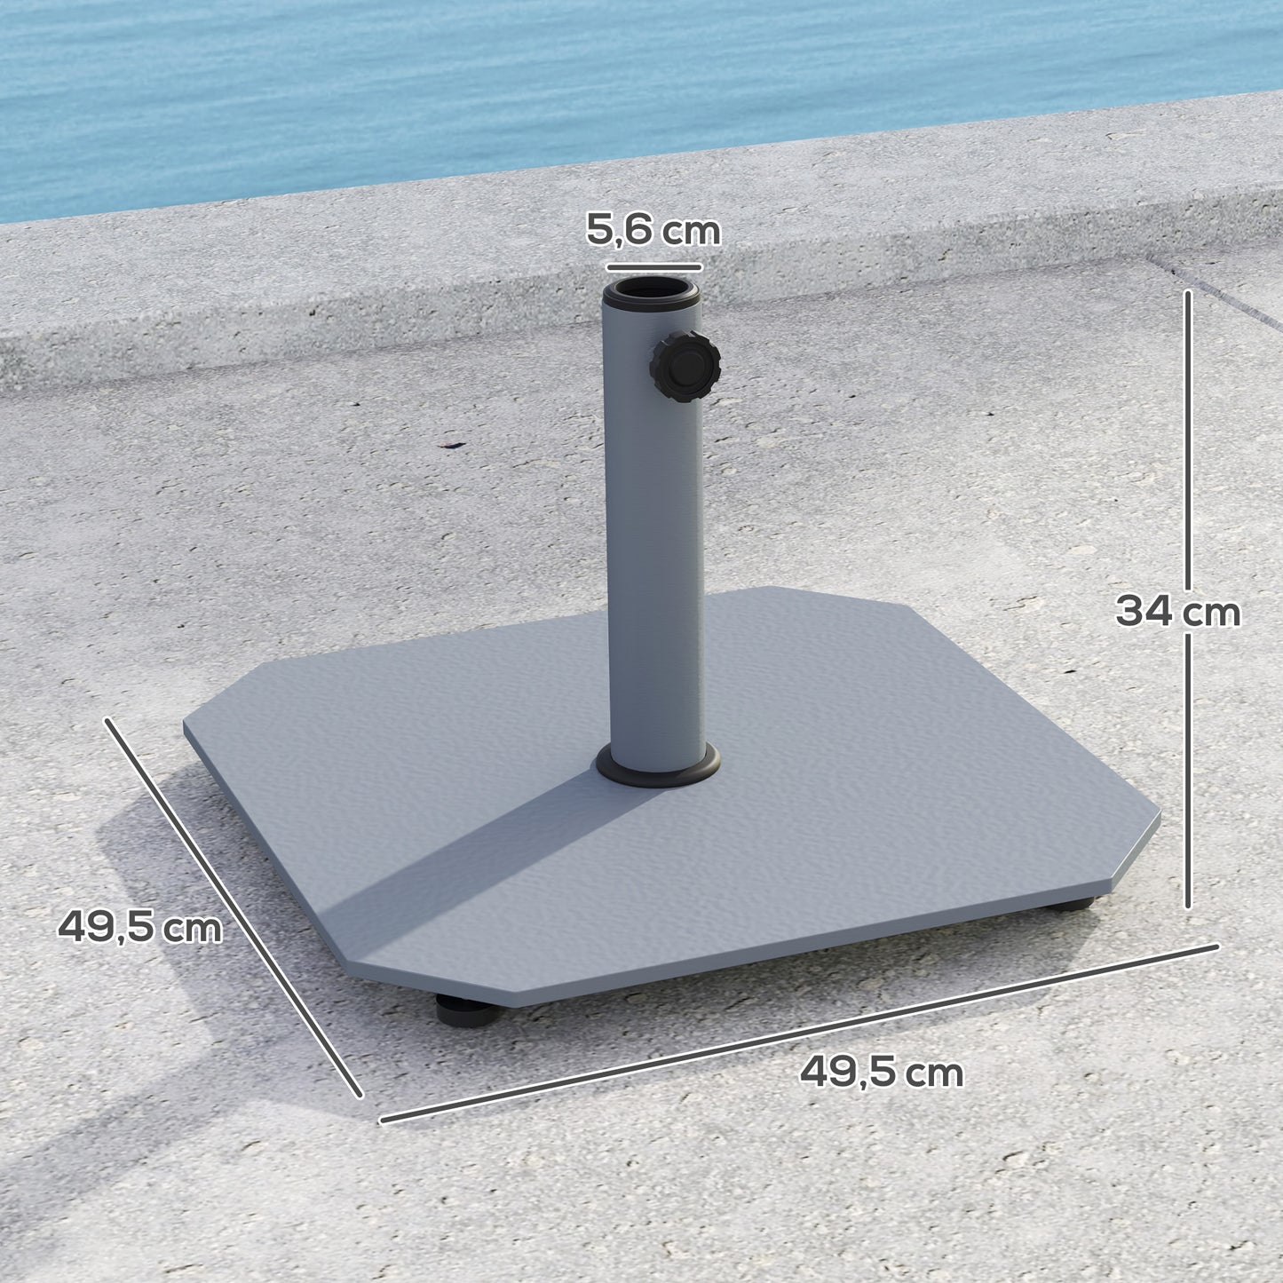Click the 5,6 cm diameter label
(x=653, y=231)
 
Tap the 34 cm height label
(x=1177, y=612)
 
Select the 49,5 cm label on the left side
(x=139, y=928)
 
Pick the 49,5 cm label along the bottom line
(x=881, y=1073)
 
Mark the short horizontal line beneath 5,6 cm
(x=654, y=266)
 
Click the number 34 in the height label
(x=1140, y=612)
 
